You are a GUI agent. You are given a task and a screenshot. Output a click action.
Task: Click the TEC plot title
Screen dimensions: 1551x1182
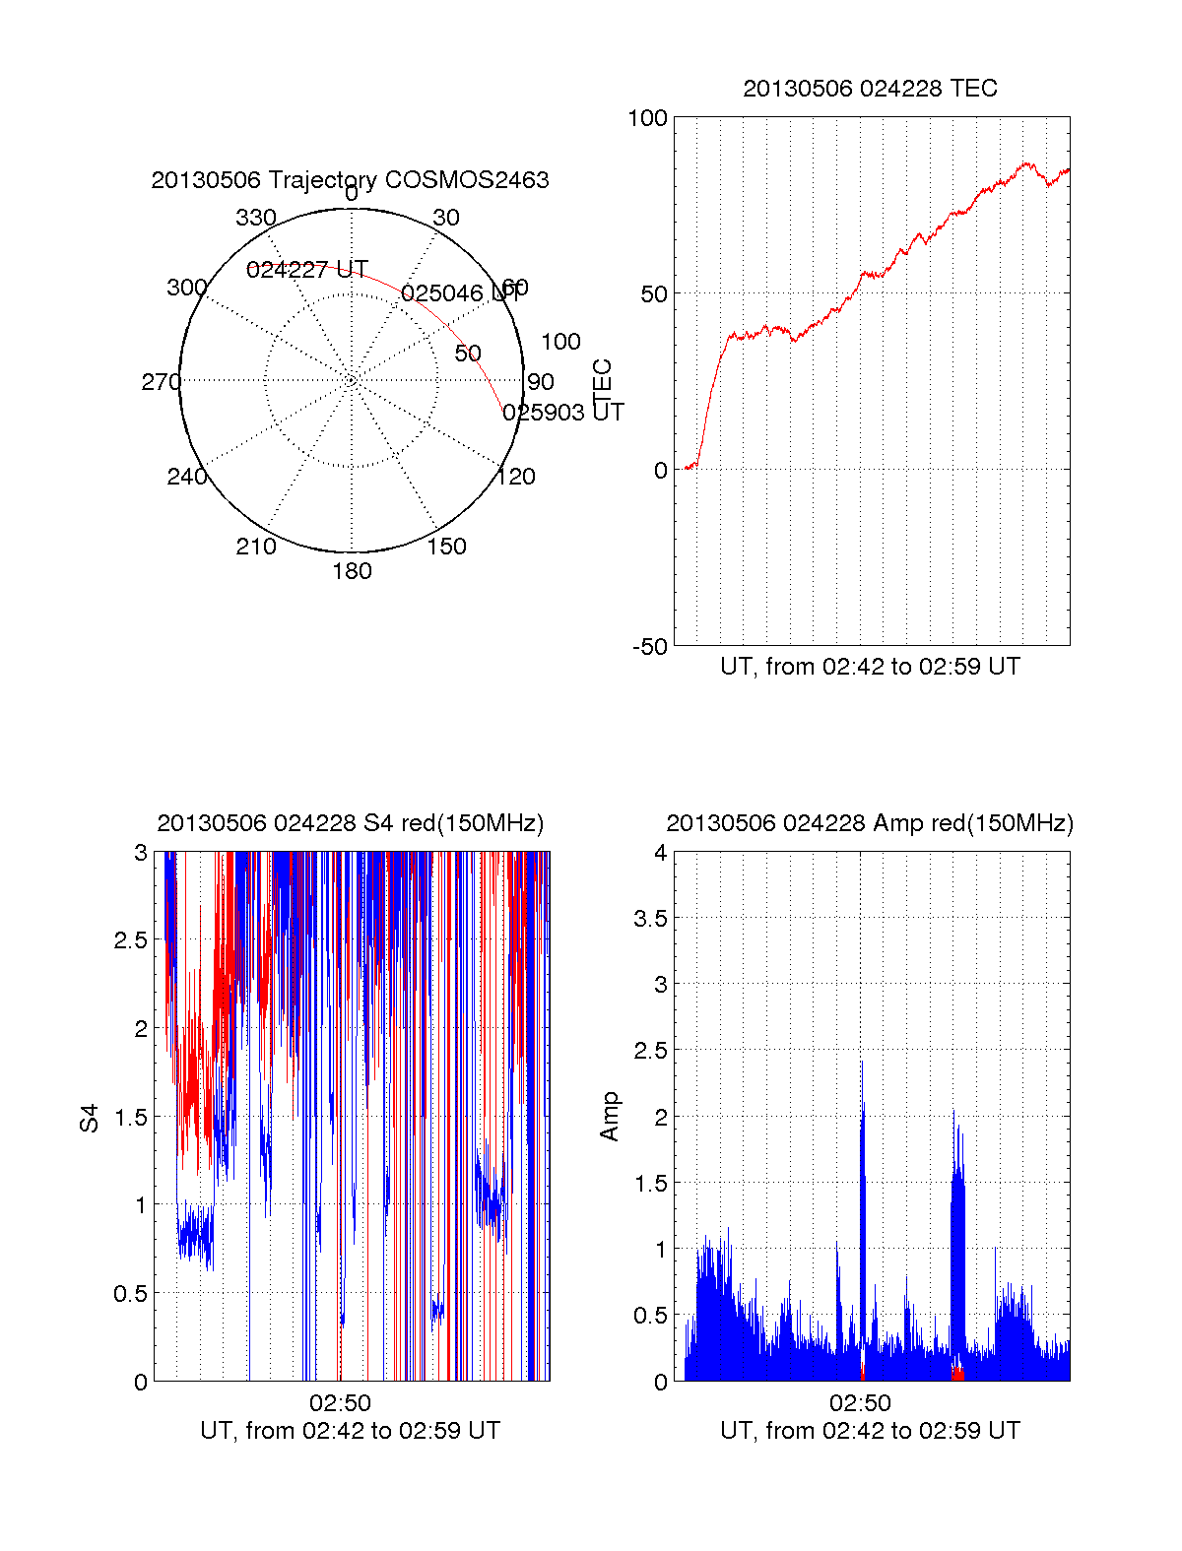click(870, 89)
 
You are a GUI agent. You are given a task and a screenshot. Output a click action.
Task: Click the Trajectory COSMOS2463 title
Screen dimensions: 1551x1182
click(350, 180)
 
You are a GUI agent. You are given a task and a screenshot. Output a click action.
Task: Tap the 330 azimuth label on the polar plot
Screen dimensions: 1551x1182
click(256, 218)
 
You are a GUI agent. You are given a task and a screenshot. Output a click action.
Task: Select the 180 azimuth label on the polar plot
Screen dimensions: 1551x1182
click(352, 571)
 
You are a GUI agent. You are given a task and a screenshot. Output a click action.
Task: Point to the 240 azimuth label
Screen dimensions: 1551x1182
click(187, 477)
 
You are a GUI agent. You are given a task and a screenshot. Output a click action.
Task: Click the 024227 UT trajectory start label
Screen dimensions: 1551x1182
click(307, 270)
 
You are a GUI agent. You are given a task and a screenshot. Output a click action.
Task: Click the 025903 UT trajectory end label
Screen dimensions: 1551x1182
click(563, 413)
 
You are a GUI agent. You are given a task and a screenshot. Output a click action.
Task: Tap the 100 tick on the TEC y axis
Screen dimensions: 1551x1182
click(647, 119)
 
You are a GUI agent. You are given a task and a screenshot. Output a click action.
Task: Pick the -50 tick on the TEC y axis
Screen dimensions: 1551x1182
click(649, 647)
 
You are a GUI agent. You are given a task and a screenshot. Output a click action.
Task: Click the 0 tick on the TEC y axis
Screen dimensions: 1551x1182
click(660, 471)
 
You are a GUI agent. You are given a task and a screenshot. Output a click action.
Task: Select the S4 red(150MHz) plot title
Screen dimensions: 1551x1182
click(350, 823)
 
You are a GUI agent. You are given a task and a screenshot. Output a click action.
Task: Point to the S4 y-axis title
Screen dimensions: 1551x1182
click(90, 1118)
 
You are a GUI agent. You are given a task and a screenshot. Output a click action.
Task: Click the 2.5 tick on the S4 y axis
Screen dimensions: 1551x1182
click(131, 940)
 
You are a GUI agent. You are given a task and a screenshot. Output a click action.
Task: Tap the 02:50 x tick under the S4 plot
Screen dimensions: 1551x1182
click(340, 1403)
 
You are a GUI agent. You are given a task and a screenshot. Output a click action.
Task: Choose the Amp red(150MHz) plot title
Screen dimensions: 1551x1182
click(870, 823)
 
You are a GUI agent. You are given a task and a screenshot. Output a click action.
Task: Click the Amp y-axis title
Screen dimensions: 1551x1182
click(610, 1116)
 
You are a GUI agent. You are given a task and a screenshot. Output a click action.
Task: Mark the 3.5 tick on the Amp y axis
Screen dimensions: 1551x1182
click(651, 919)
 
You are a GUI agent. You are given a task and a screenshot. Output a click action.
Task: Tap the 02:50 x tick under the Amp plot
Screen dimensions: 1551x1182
click(860, 1403)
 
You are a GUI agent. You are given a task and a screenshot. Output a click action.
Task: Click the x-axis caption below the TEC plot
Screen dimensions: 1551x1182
click(870, 667)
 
